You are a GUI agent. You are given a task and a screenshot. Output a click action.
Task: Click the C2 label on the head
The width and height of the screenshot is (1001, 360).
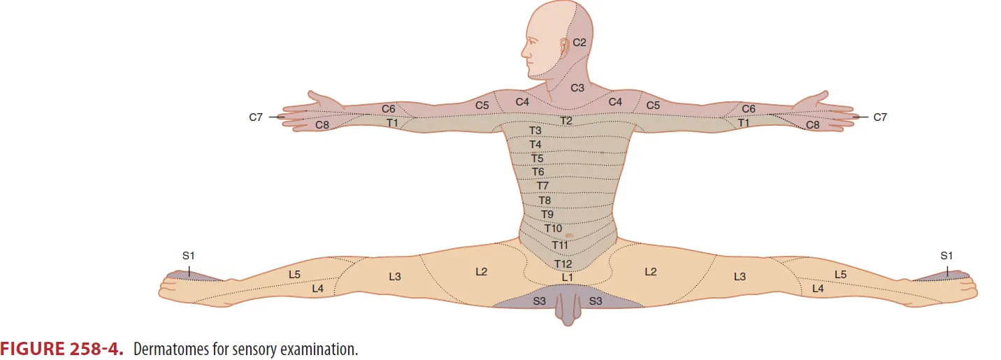[x=579, y=43]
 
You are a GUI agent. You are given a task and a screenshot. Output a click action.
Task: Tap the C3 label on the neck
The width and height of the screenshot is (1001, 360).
[x=577, y=88]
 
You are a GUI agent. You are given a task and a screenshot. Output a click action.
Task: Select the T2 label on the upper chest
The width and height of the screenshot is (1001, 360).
[x=567, y=121]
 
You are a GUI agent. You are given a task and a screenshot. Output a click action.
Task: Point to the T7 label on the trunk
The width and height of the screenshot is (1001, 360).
[x=542, y=186]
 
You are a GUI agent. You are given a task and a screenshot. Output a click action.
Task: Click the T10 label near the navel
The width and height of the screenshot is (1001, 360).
[x=553, y=229]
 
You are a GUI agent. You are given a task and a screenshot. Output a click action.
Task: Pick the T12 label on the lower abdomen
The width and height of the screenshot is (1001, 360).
[x=563, y=264]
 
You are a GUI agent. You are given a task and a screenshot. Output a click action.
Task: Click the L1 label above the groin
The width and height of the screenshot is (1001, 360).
[x=568, y=278]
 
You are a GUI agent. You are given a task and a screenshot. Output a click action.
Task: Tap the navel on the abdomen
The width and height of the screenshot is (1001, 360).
[x=570, y=236]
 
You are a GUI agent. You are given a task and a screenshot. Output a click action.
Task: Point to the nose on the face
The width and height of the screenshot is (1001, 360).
[x=523, y=52]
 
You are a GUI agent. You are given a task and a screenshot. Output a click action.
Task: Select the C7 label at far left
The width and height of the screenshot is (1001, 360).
[x=256, y=117]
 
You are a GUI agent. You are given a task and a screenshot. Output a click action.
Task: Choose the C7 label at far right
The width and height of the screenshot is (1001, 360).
[x=880, y=117]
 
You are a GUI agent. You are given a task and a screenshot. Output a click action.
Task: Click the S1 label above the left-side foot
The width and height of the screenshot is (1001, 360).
[x=188, y=256]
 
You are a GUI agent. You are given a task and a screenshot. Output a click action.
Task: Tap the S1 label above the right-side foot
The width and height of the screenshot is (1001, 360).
[x=946, y=256]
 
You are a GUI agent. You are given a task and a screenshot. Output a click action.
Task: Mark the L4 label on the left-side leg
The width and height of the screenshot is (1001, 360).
[x=317, y=288]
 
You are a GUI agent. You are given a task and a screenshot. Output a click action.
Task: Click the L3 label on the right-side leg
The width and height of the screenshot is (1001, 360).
[x=740, y=277]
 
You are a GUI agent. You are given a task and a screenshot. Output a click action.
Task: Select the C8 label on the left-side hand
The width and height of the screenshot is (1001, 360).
[x=322, y=125]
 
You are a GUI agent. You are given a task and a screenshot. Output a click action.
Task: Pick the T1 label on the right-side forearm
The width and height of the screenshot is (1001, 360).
[x=744, y=123]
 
